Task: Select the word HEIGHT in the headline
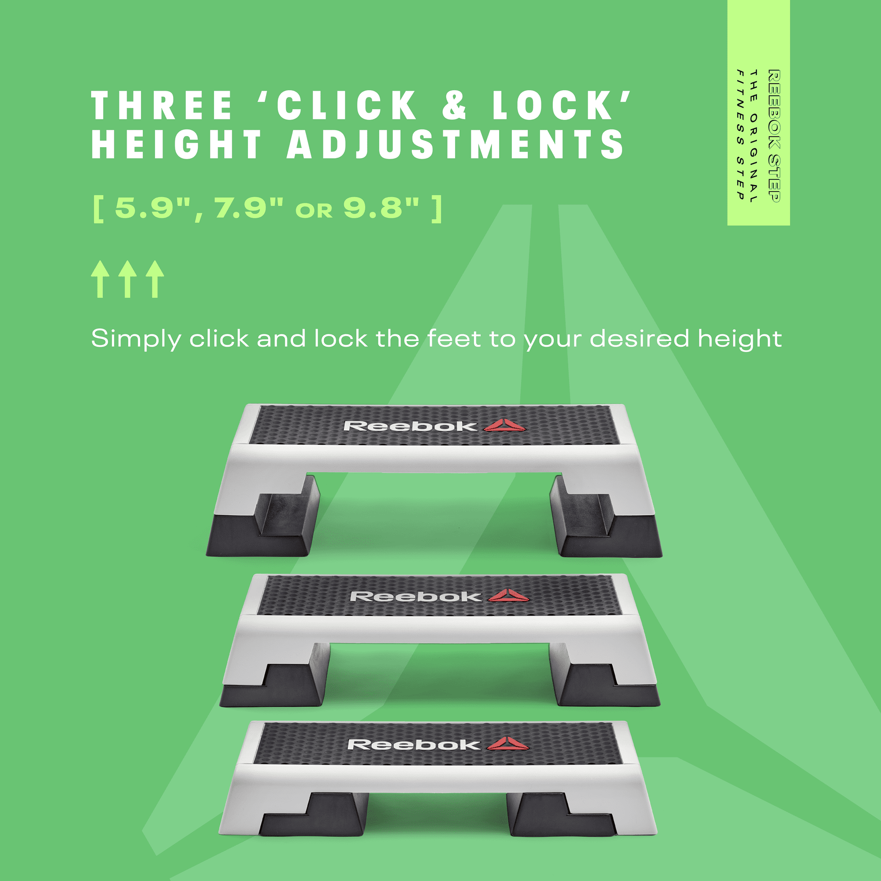pyautogui.click(x=177, y=144)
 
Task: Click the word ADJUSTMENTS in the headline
pyautogui.click(x=455, y=144)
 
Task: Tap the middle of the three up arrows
pyautogui.click(x=128, y=279)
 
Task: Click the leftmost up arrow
pyautogui.click(x=100, y=279)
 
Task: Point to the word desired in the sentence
pyautogui.click(x=640, y=338)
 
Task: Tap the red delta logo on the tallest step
pyautogui.click(x=504, y=425)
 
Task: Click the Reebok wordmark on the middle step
pyautogui.click(x=415, y=596)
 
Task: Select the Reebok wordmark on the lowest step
pyautogui.click(x=413, y=744)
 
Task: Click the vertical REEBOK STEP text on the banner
pyautogui.click(x=774, y=135)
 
